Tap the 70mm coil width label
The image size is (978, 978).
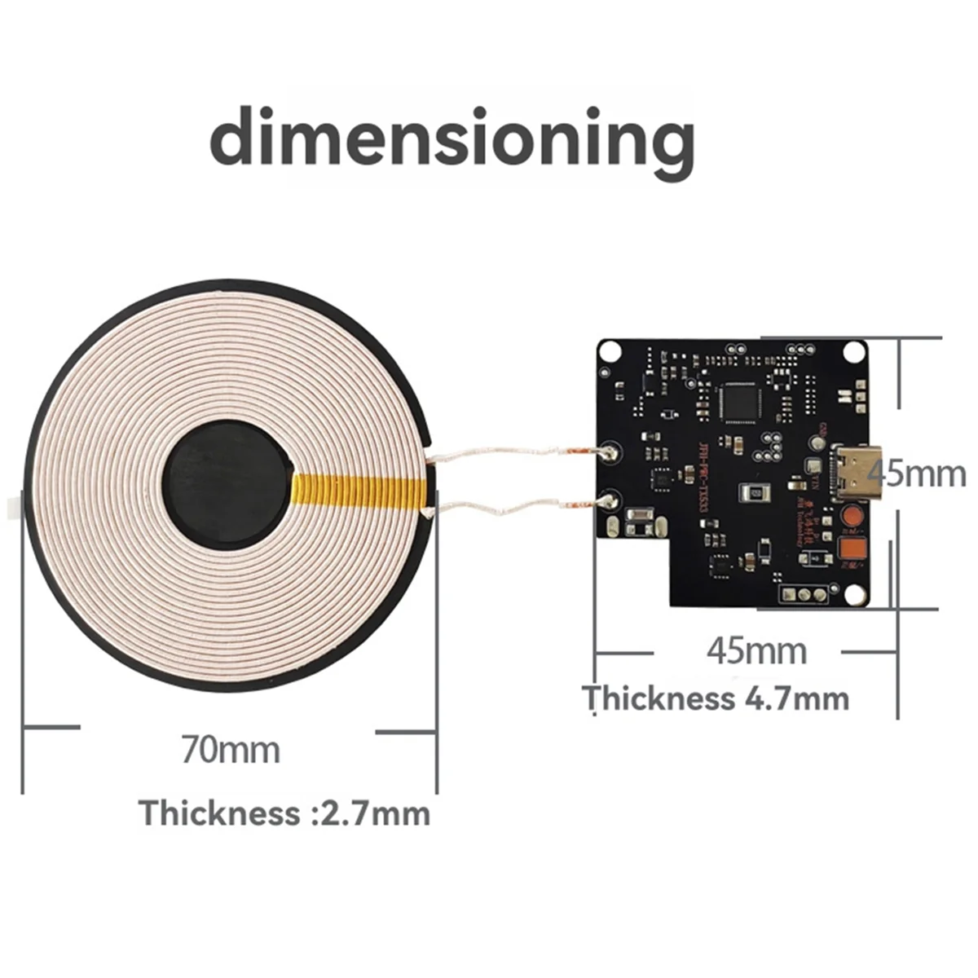[x=231, y=750]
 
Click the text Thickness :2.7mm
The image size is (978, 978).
[x=284, y=813]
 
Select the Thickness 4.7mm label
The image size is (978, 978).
[x=716, y=698]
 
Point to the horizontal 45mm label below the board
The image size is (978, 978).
[x=756, y=650]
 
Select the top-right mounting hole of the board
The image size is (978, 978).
[x=852, y=351]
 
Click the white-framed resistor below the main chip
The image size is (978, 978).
[x=754, y=494]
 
